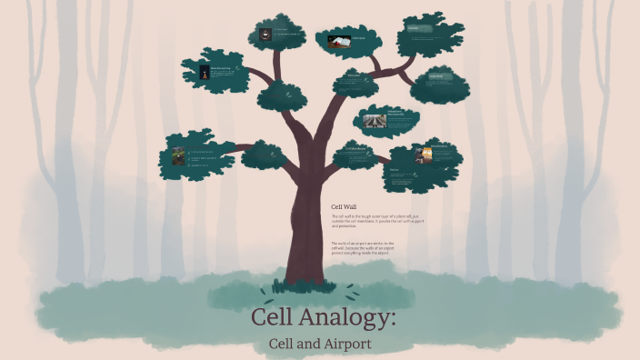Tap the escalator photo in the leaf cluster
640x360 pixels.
[x=375, y=120]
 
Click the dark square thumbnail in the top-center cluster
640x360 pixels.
[x=265, y=35]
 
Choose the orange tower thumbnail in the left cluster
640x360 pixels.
[x=203, y=75]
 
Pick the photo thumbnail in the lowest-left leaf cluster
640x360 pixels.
[x=179, y=155]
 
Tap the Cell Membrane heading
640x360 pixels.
[x=356, y=148]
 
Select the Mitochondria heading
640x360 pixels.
[x=440, y=145]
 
